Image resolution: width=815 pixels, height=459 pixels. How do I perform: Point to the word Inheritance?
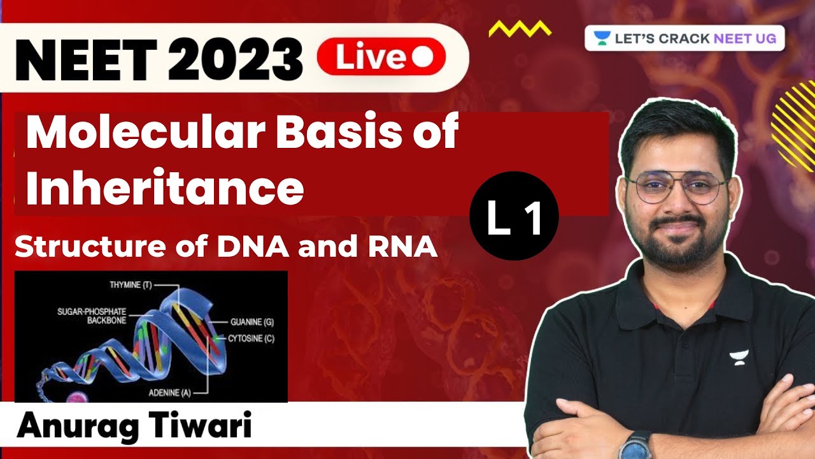tap(164, 189)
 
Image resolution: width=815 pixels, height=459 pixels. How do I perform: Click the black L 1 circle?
tap(514, 216)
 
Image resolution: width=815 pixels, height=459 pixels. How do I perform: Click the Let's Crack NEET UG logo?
tap(684, 38)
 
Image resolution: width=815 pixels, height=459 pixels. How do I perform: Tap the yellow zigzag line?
tap(520, 29)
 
